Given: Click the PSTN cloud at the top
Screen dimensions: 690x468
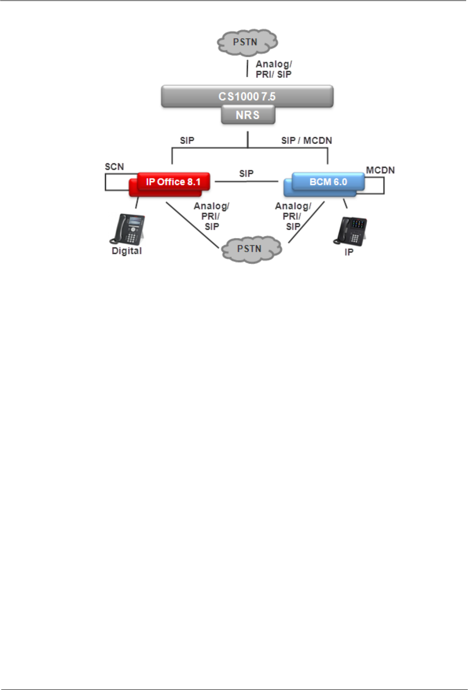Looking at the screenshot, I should pyautogui.click(x=247, y=42).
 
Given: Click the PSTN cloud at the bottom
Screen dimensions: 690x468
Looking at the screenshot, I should pyautogui.click(x=251, y=249).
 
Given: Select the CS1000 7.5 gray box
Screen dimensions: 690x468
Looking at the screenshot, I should pyautogui.click(x=247, y=96).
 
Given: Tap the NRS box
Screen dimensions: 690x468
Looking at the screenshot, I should pyautogui.click(x=248, y=115).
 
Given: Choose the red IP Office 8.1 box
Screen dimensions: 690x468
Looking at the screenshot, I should pyautogui.click(x=173, y=182).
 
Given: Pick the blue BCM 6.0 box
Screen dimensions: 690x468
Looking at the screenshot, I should pyautogui.click(x=328, y=182).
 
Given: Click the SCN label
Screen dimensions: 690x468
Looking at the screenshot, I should pyautogui.click(x=114, y=166).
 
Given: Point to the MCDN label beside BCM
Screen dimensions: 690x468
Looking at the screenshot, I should pyautogui.click(x=380, y=170).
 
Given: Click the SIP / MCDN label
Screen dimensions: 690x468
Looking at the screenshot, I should pyautogui.click(x=306, y=140).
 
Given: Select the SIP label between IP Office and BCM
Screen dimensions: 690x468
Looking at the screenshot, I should pyautogui.click(x=246, y=173).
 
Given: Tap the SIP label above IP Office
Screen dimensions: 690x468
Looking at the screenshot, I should pyautogui.click(x=187, y=140).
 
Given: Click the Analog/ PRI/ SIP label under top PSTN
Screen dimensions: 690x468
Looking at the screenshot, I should pyautogui.click(x=273, y=69).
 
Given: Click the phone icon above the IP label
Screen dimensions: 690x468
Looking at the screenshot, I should pyautogui.click(x=351, y=231).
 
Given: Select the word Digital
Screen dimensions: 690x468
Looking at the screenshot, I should pyautogui.click(x=127, y=251).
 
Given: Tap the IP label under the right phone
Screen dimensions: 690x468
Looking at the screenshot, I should pyautogui.click(x=349, y=252).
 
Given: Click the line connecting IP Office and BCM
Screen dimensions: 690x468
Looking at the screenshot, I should pyautogui.click(x=246, y=182).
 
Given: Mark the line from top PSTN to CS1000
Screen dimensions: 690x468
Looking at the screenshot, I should pyautogui.click(x=247, y=69).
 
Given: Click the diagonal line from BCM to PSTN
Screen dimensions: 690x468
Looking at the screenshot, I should pyautogui.click(x=306, y=222).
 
